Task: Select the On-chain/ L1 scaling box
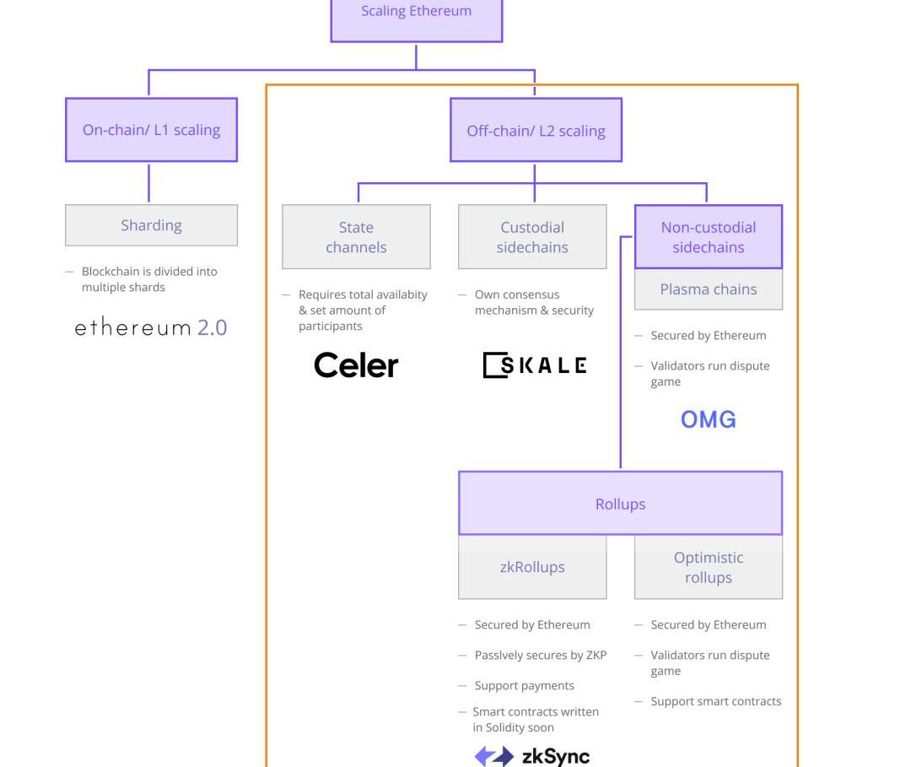click(151, 130)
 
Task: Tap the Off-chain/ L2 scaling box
click(536, 131)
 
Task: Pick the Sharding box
click(151, 225)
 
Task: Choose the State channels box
click(356, 237)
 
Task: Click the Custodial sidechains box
click(532, 237)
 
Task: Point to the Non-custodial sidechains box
click(708, 237)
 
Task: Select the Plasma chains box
click(708, 289)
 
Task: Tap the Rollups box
click(620, 504)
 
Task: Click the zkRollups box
click(532, 567)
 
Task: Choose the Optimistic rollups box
click(708, 567)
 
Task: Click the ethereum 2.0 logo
click(151, 327)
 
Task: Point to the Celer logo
click(356, 365)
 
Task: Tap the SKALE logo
click(535, 365)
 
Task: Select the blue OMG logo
click(708, 419)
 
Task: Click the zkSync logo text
click(556, 756)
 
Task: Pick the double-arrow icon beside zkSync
click(493, 756)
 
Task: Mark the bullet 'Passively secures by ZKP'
click(540, 656)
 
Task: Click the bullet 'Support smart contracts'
click(715, 701)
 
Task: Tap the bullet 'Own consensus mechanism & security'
click(533, 302)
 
